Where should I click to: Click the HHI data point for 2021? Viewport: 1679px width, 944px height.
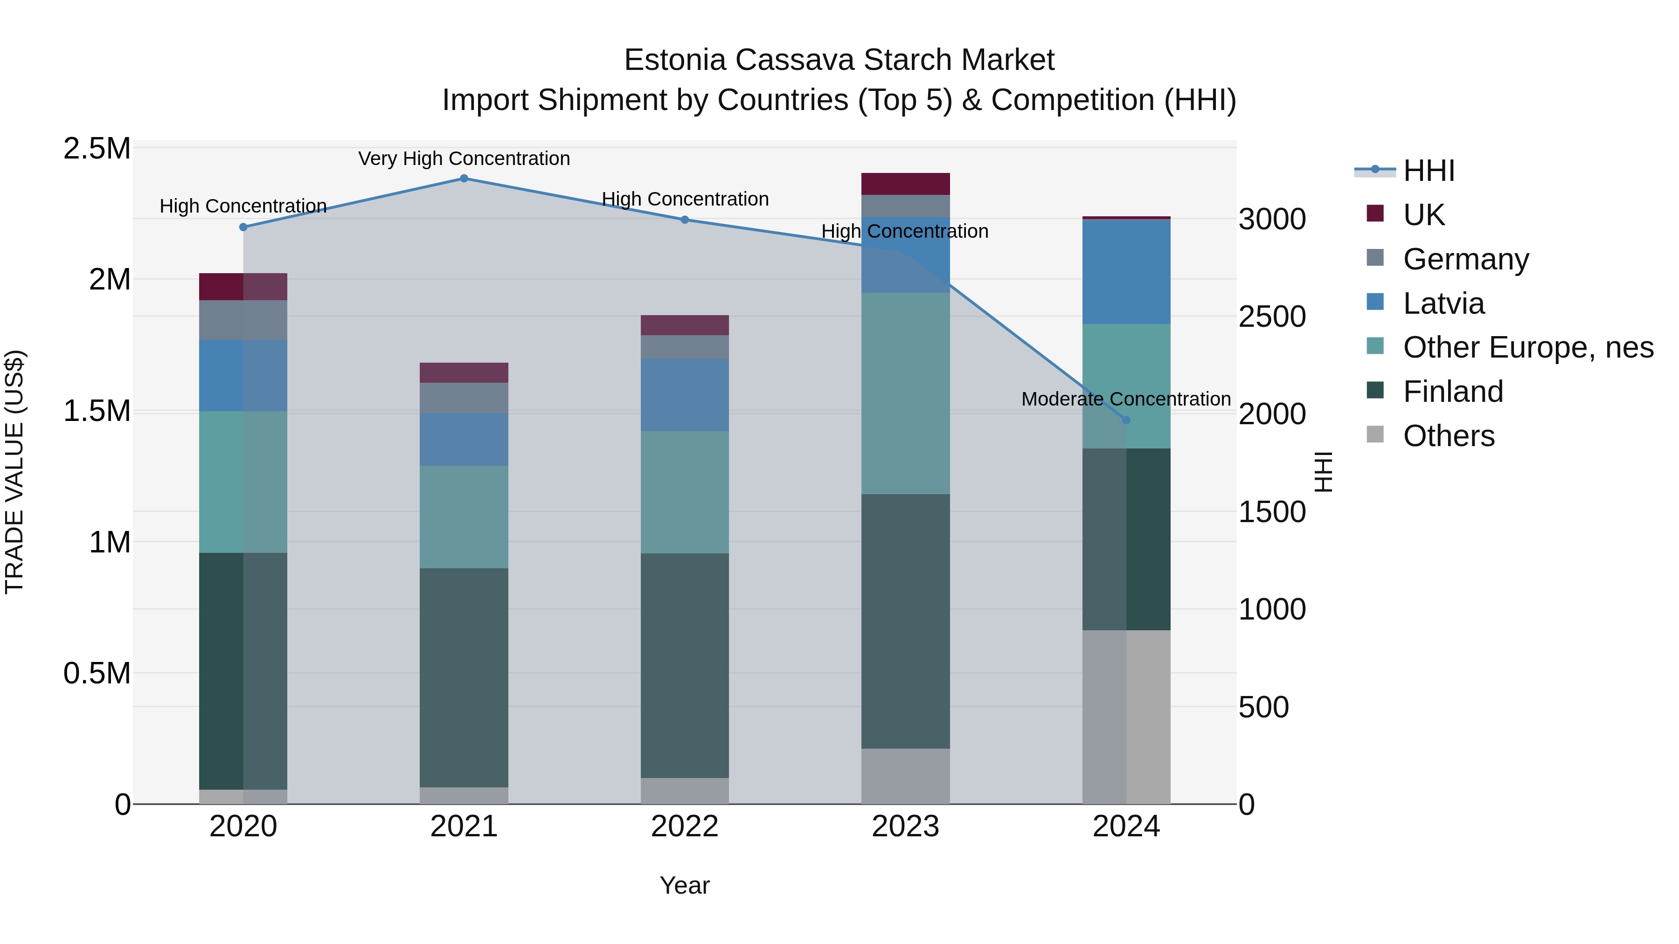coord(464,179)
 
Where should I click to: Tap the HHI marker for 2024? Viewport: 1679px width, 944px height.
coord(1126,420)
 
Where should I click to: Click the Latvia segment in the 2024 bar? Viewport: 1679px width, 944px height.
coord(1126,272)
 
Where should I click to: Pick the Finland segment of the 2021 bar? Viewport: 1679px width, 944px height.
coord(464,677)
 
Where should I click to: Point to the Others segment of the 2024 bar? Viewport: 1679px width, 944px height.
coord(1126,717)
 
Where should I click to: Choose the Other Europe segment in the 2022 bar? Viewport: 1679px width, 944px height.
coord(684,492)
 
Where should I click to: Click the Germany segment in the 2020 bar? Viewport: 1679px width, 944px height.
coord(243,320)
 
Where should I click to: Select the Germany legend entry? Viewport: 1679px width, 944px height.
coord(1465,259)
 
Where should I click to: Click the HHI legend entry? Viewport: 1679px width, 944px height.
coord(1428,171)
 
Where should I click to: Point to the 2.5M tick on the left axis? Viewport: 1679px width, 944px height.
coord(97,149)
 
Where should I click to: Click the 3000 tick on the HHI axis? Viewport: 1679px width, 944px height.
coord(1272,220)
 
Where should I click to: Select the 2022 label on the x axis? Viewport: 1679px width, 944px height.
coord(684,827)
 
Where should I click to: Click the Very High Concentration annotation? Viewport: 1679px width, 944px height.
coord(464,158)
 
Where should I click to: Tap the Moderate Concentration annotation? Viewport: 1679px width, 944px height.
coord(1126,399)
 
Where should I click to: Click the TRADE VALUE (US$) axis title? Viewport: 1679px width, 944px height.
coord(14,472)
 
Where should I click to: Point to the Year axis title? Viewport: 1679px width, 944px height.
coord(684,885)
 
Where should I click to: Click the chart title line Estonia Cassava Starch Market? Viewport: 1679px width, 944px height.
coord(839,60)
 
